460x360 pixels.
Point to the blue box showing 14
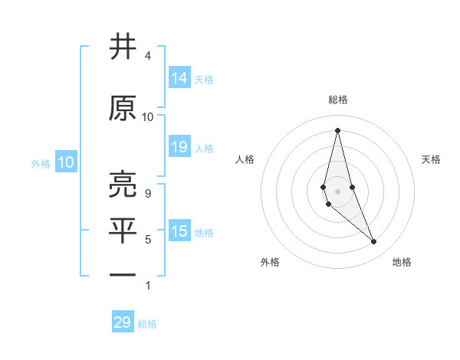pos(179,77)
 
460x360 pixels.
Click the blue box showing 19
pos(179,147)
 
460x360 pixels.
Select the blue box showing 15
pos(179,231)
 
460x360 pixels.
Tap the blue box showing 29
pos(123,322)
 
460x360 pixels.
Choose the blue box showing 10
pos(65,162)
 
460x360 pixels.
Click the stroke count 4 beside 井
pos(147,57)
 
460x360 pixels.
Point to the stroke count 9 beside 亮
pos(147,194)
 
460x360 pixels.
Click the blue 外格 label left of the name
pos(40,163)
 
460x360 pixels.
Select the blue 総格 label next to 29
pos(147,324)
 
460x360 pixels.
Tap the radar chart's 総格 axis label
pos(337,100)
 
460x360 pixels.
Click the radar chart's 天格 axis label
pos(432,159)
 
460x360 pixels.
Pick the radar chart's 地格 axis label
pos(402,262)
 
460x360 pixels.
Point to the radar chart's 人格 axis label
pos(245,159)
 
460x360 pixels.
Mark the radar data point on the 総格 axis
pos(337,130)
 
